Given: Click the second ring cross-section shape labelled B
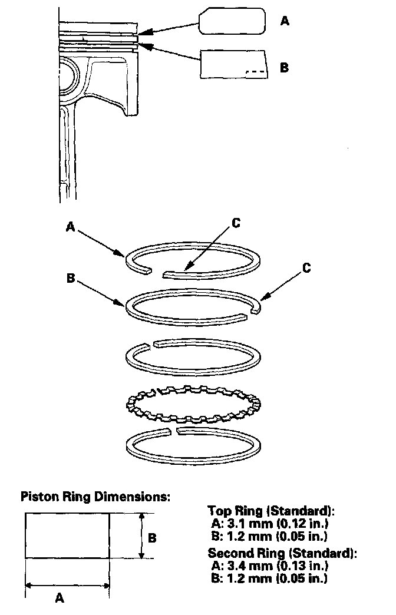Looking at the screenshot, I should click(x=233, y=64).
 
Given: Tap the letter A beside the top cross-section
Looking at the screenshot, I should click(x=285, y=21).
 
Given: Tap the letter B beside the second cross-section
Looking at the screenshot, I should click(x=284, y=67).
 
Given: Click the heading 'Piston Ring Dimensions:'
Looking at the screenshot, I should click(x=95, y=496).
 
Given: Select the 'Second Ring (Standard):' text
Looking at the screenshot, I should click(x=282, y=554).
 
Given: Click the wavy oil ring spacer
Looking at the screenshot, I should click(x=194, y=404).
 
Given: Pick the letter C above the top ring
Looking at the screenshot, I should click(x=236, y=223).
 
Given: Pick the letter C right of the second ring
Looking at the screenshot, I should click(x=306, y=268).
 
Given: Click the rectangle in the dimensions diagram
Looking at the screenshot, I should click(x=67, y=535).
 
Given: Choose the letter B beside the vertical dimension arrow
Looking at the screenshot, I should click(x=151, y=538).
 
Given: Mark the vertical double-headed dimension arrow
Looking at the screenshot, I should click(x=140, y=535).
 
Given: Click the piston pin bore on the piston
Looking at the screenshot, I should click(x=68, y=75).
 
